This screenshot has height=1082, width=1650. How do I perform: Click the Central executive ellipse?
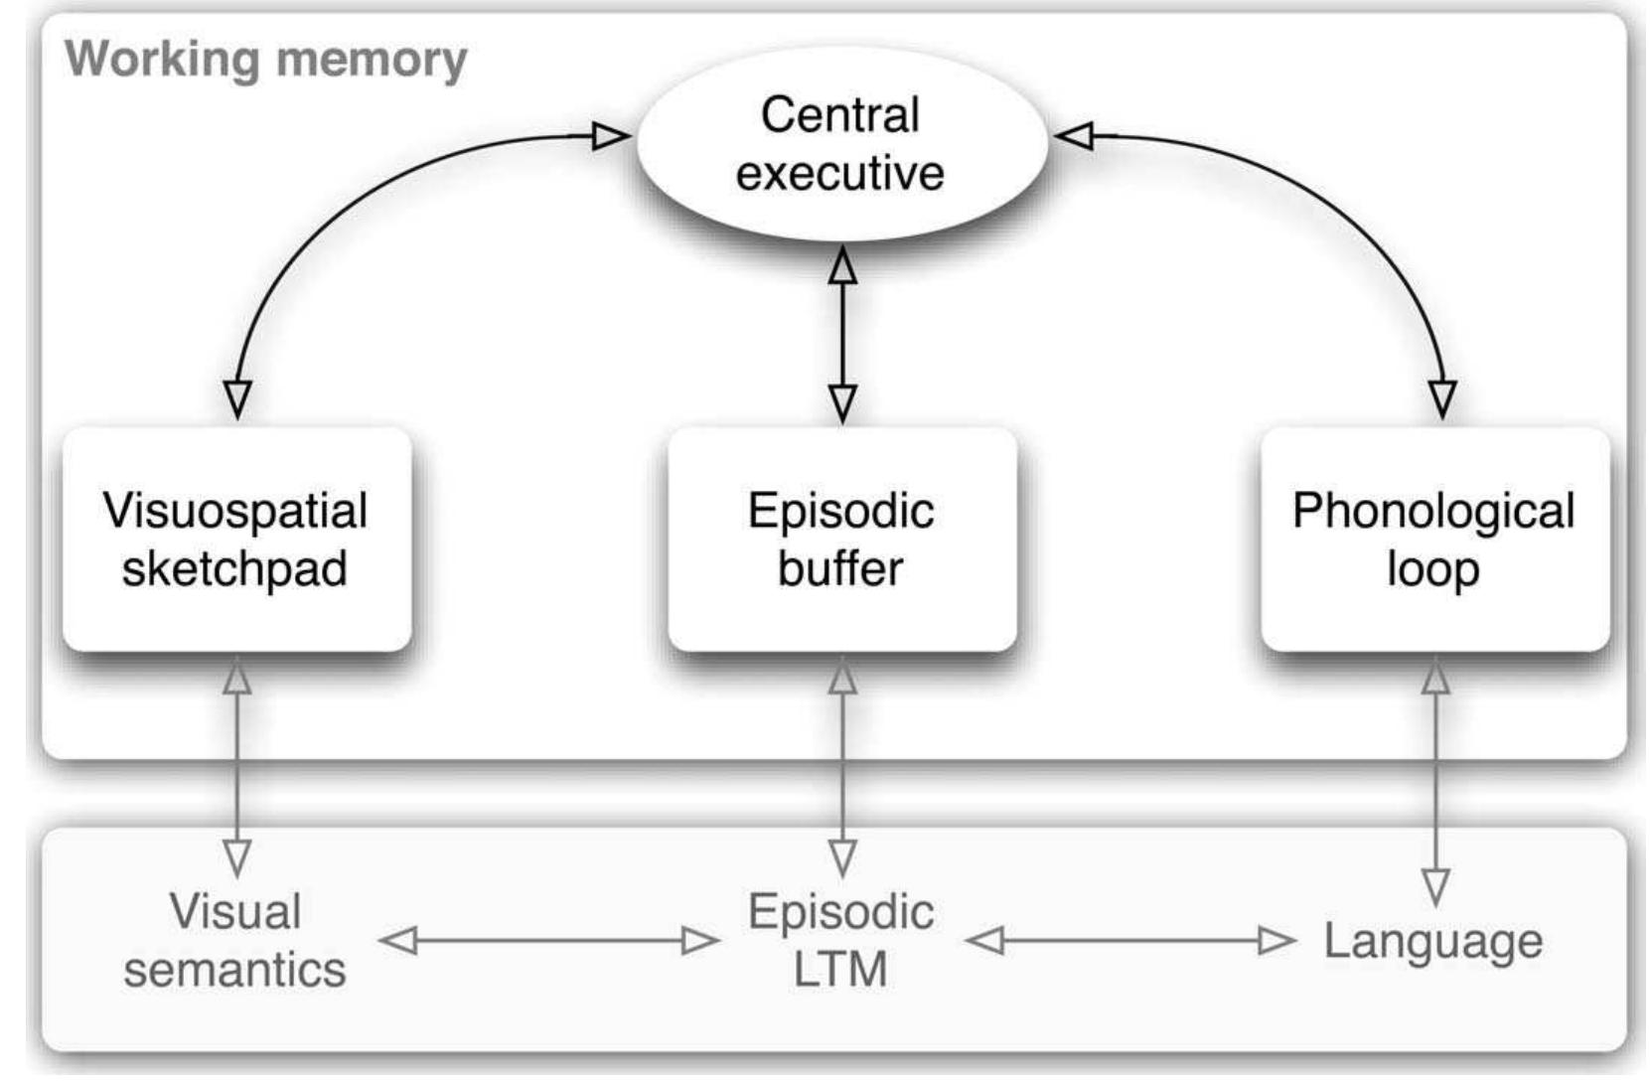(841, 143)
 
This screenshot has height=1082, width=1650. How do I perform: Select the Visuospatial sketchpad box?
(236, 540)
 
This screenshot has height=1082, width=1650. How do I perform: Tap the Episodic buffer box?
(841, 540)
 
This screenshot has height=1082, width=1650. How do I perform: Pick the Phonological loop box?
(1433, 540)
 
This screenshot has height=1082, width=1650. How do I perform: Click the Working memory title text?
(266, 59)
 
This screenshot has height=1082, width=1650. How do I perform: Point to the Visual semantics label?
(235, 940)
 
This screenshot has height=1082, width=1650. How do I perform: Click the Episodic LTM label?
(840, 940)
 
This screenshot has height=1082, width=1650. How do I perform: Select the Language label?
(1432, 941)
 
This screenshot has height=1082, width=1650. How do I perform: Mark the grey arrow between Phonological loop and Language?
(1434, 775)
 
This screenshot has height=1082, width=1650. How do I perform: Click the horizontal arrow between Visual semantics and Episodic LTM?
(548, 940)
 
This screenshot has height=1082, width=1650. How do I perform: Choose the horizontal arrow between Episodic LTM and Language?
(1130, 940)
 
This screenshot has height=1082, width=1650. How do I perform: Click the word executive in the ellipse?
(840, 173)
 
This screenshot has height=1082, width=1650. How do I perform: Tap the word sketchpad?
(234, 568)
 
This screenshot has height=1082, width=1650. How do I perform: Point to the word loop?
(1432, 568)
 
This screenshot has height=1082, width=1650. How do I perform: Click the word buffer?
(840, 568)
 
